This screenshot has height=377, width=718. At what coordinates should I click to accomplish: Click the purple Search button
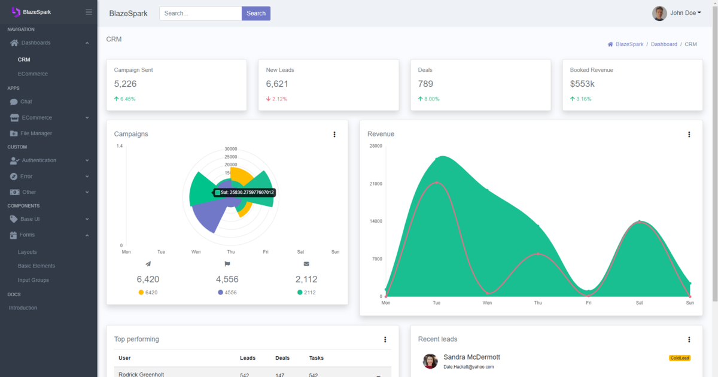256,13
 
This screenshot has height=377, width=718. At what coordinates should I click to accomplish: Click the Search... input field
200,13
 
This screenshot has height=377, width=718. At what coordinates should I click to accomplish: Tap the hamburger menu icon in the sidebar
89,12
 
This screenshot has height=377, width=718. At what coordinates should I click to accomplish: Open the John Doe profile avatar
659,13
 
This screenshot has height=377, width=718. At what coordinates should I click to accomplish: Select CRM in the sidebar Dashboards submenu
24,60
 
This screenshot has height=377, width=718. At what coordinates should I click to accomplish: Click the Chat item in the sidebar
26,102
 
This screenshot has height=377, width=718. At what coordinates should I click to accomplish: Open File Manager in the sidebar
36,133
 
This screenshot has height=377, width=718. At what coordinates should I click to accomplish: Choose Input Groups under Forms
34,280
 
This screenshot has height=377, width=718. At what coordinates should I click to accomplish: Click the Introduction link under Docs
23,308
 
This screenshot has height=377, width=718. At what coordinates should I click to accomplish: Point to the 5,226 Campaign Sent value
125,84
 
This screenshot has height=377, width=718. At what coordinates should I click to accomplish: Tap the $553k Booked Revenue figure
582,84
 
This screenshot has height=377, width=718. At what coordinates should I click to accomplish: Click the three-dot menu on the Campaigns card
334,134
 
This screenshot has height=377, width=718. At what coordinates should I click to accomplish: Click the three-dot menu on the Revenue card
689,134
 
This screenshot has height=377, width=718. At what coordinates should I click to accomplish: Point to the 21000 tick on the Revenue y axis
376,184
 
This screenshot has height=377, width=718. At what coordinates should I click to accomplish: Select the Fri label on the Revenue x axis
589,303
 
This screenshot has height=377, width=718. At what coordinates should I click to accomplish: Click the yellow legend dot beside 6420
141,293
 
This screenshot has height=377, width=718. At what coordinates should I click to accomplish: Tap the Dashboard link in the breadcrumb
664,44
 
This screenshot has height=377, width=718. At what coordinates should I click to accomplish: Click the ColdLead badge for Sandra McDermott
680,358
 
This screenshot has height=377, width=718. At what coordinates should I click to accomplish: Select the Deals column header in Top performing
282,358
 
